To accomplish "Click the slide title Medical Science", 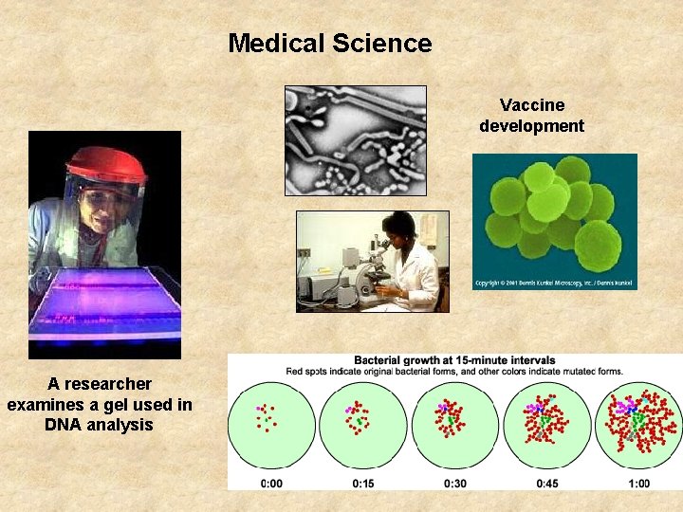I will click(329, 44).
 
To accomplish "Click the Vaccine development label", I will click(531, 116).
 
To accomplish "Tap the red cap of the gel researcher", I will click(105, 162).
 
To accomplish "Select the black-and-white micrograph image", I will click(356, 140).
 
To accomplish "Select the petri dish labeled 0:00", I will click(270, 426).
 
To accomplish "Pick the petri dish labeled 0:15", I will click(362, 426).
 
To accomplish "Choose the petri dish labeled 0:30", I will click(454, 426).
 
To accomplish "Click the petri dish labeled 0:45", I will click(546, 426).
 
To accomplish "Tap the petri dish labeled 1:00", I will click(637, 426).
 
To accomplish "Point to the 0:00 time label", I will click(270, 484).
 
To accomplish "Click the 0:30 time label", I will click(454, 484).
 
